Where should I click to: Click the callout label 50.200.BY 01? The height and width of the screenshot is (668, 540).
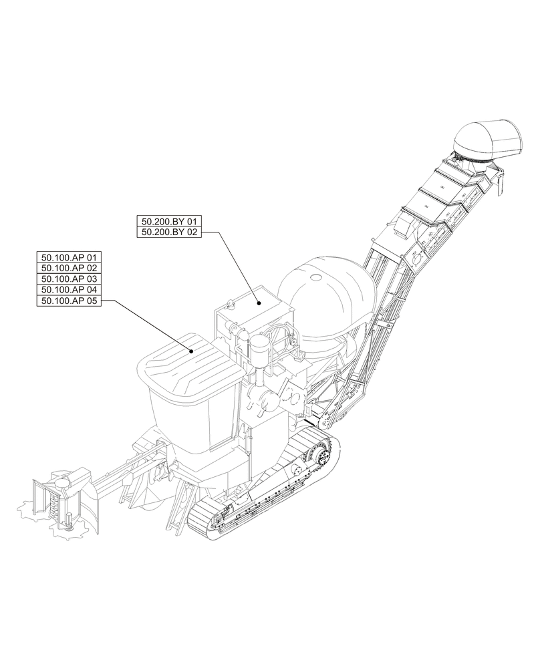point(168,221)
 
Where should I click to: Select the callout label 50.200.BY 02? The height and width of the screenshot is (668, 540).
point(168,232)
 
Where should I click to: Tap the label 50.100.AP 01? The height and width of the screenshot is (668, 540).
point(70,257)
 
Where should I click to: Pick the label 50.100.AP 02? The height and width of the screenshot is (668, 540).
point(70,268)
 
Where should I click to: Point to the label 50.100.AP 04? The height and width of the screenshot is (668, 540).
point(70,290)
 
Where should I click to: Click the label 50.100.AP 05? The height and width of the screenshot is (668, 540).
point(70,301)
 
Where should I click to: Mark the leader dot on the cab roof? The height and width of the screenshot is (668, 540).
point(191,350)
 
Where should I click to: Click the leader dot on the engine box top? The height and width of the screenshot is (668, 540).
point(257,303)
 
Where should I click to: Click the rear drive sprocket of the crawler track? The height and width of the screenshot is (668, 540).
point(319,456)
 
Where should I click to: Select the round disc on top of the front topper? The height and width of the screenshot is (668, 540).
point(63,480)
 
